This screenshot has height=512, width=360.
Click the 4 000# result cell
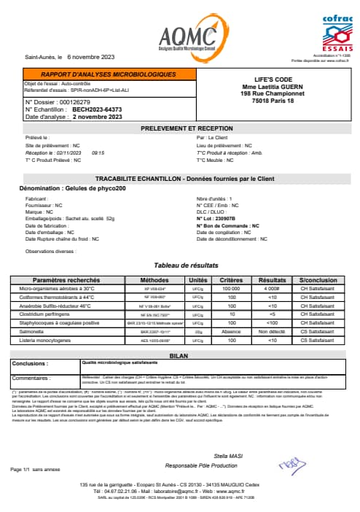271,290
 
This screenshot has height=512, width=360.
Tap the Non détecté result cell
271,330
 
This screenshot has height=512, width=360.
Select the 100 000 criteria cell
231,290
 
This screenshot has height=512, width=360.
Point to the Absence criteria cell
231,330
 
